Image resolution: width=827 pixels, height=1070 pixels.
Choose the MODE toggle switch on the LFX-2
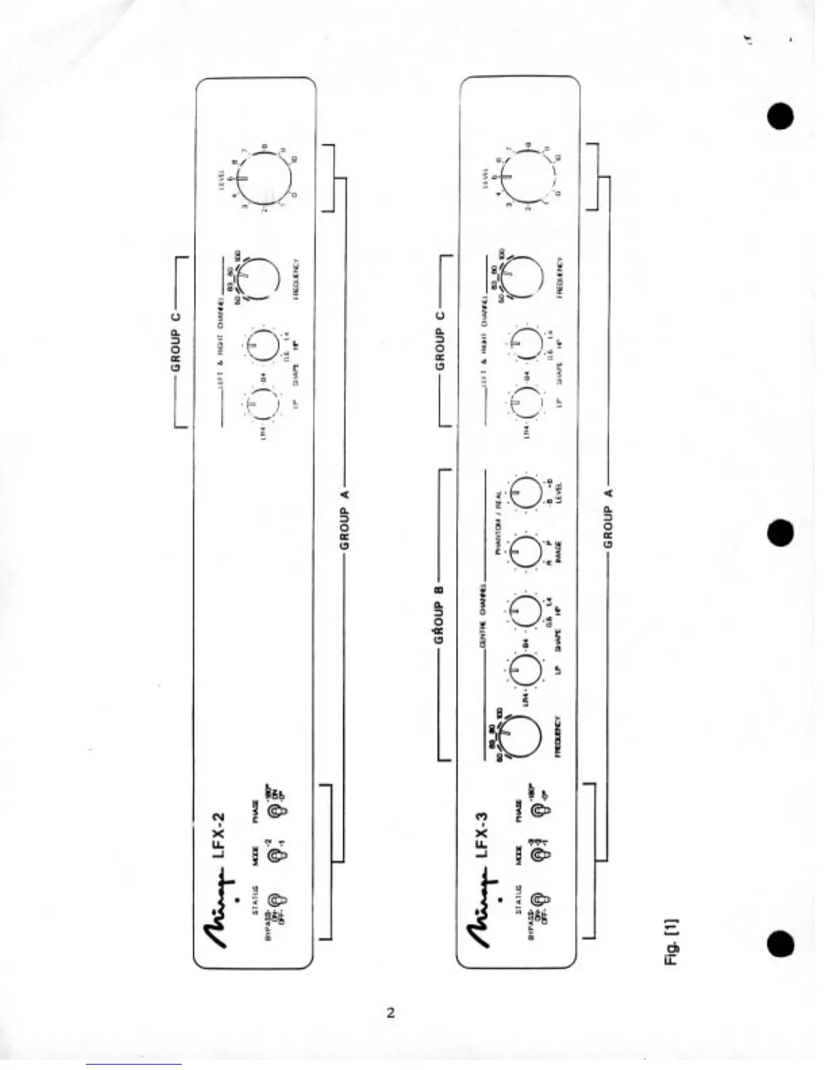click(x=276, y=856)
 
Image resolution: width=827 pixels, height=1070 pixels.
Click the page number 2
click(x=391, y=1012)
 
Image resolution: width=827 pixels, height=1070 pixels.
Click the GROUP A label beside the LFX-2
click(x=345, y=519)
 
